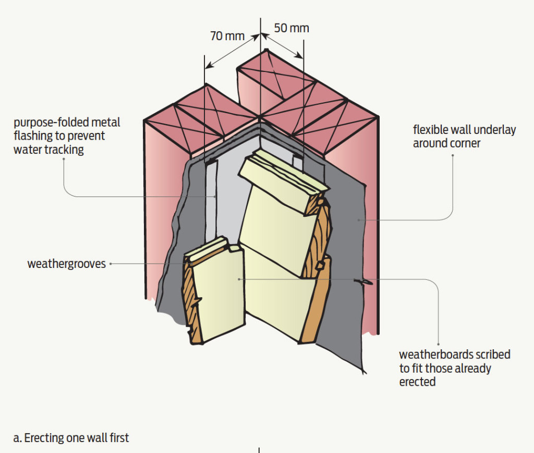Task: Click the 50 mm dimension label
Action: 292,28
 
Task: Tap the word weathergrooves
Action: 66,264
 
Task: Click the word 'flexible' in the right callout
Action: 431,130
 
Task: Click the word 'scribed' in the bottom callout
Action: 490,355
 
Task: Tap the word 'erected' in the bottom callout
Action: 417,382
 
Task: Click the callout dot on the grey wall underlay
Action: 358,220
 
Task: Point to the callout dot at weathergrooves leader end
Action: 111,264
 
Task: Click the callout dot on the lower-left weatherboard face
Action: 239,279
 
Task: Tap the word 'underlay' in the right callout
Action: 492,130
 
